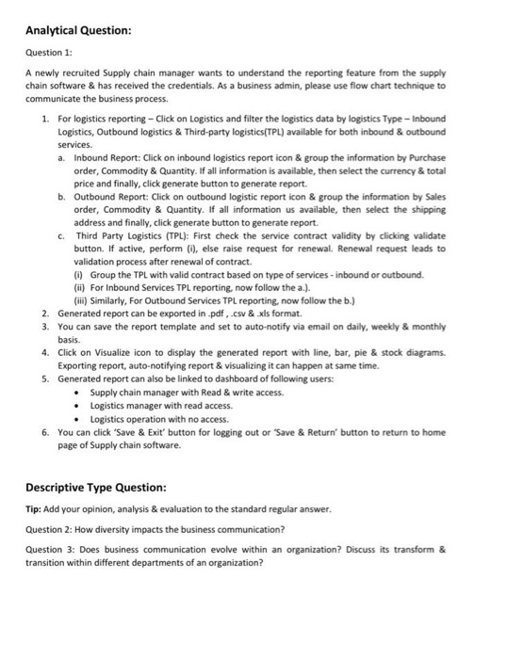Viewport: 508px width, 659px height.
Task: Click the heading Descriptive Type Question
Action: coord(96,487)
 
